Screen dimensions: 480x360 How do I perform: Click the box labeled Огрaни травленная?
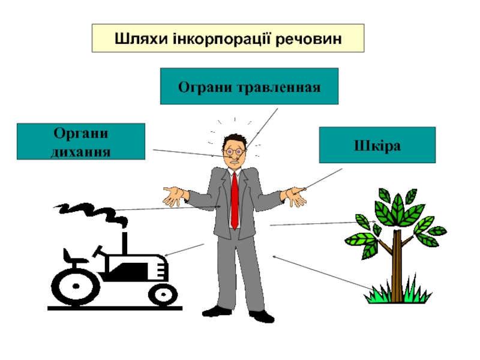point(249,86)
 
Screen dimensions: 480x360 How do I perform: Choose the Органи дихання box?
point(81,141)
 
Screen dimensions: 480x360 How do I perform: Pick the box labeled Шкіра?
point(377,145)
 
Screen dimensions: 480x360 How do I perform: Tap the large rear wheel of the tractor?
point(74,287)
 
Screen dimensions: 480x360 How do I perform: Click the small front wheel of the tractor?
point(161,293)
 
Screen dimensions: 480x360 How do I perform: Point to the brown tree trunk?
point(397,264)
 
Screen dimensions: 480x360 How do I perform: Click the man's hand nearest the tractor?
point(175,196)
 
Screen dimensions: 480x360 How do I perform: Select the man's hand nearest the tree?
point(296,196)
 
